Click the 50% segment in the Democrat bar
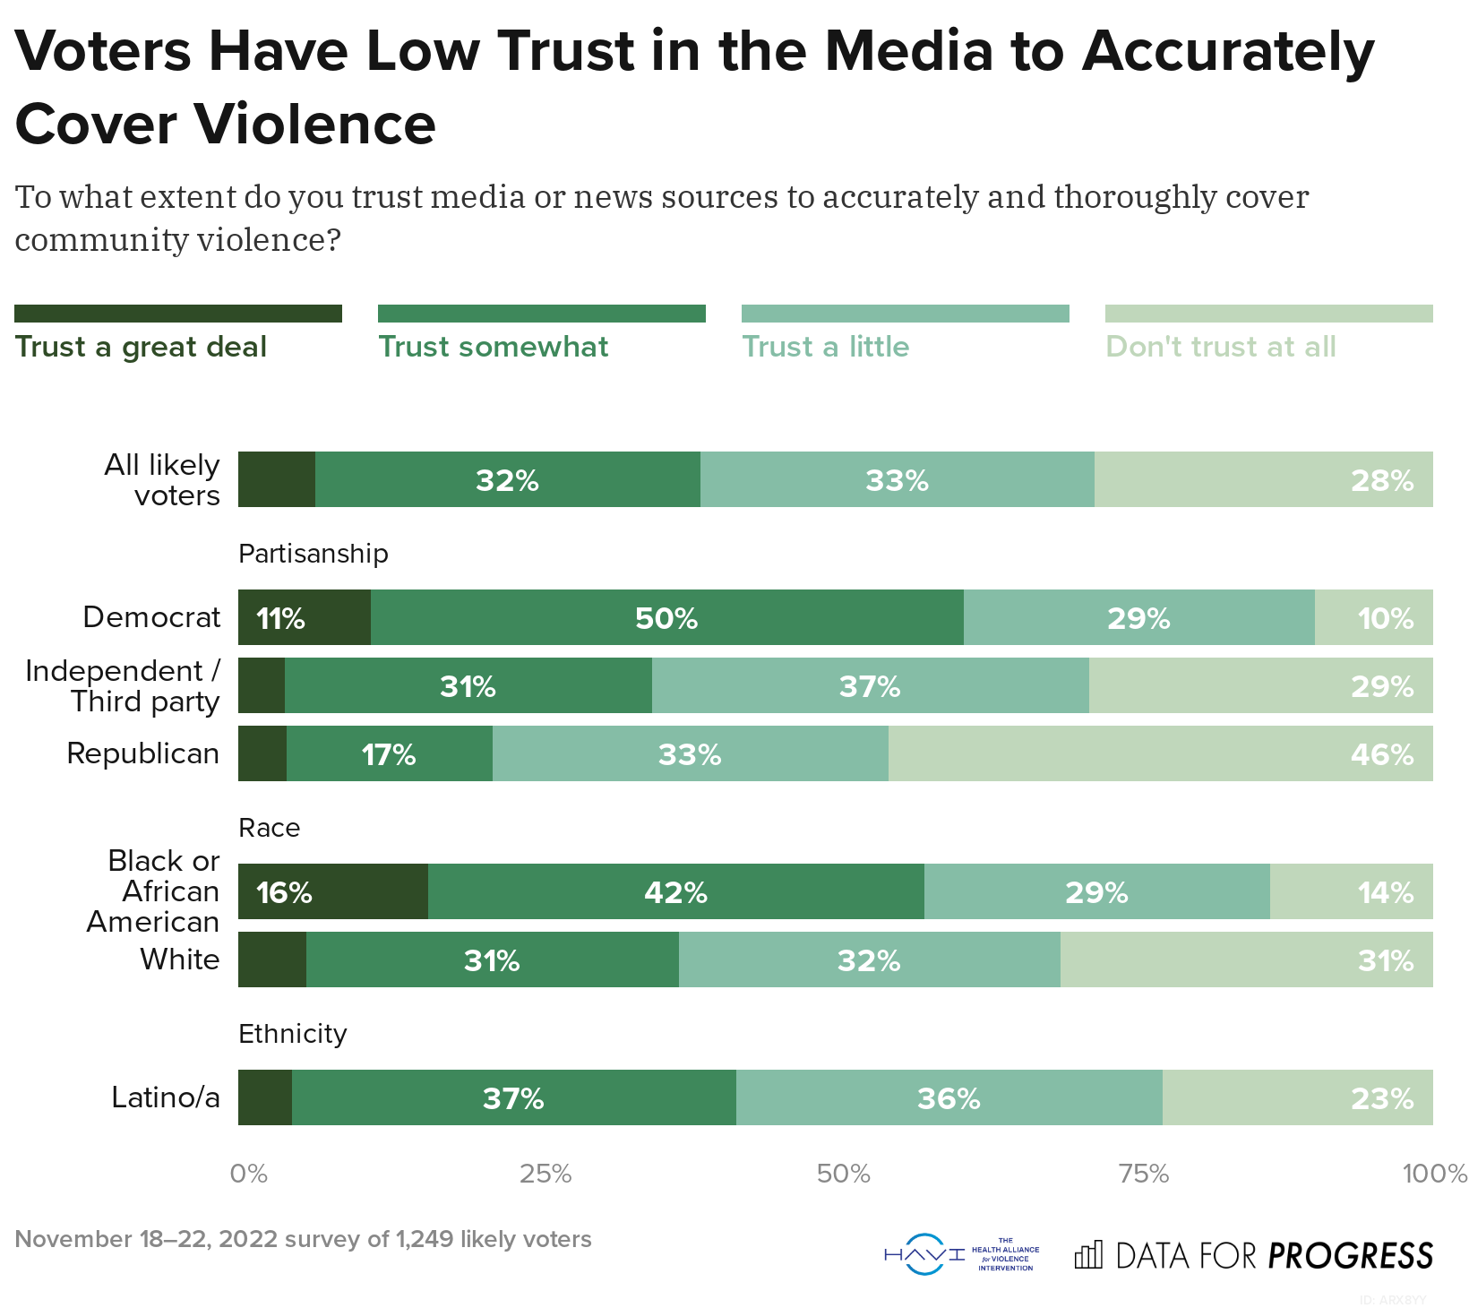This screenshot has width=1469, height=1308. [x=666, y=618]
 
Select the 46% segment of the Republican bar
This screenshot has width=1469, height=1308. [x=1160, y=754]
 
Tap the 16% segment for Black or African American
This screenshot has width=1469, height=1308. [x=332, y=892]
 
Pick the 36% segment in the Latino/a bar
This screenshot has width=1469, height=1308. [x=949, y=1098]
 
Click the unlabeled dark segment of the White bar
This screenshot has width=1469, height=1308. [x=272, y=960]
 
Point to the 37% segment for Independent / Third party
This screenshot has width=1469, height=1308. [x=870, y=686]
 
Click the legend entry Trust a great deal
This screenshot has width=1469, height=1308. [x=141, y=347]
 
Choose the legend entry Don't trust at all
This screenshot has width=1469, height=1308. [x=1220, y=347]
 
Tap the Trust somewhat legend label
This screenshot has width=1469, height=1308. [x=493, y=347]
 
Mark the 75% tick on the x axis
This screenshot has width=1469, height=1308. [x=1144, y=1174]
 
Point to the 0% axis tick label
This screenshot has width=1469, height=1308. [x=248, y=1174]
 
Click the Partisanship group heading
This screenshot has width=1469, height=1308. [x=313, y=554]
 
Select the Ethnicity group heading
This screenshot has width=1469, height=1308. [x=292, y=1034]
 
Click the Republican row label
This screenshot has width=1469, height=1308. [x=142, y=753]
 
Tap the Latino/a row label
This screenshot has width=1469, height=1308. [x=165, y=1097]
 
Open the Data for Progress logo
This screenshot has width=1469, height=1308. [x=1254, y=1255]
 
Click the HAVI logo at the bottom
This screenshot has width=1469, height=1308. [x=961, y=1254]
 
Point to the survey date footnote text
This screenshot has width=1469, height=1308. [x=303, y=1239]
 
